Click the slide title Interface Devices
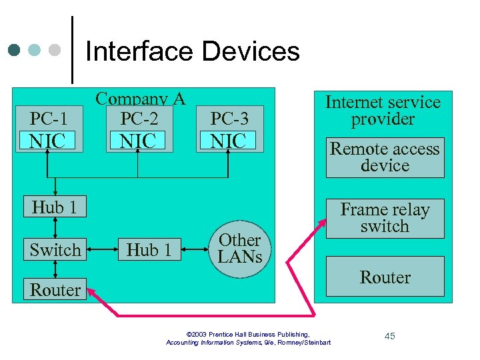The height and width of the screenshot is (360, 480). tap(193, 51)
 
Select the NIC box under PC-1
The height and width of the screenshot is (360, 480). tap(49, 141)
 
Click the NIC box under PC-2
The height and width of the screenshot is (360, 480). tap(138, 141)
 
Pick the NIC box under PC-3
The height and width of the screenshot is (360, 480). tap(229, 141)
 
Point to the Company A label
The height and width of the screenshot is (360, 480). tap(140, 99)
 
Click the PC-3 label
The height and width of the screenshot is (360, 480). tap(229, 119)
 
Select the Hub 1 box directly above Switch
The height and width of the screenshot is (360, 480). tap(54, 207)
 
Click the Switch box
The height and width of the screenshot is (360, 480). tap(55, 250)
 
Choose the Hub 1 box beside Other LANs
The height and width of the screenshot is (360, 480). tap(149, 250)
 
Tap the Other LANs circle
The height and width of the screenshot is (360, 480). tap(240, 248)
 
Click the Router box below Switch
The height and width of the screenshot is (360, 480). tap(55, 290)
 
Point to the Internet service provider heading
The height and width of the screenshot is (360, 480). tap(383, 111)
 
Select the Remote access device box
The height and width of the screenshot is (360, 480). tap(385, 157)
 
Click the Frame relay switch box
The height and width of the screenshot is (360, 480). tap(385, 218)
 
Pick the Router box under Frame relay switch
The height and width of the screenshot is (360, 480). tap(385, 277)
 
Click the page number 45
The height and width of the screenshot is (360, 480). tap(389, 336)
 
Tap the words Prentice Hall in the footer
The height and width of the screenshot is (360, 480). tap(235, 334)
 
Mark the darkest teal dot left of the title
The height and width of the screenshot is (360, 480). tap(15, 51)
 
